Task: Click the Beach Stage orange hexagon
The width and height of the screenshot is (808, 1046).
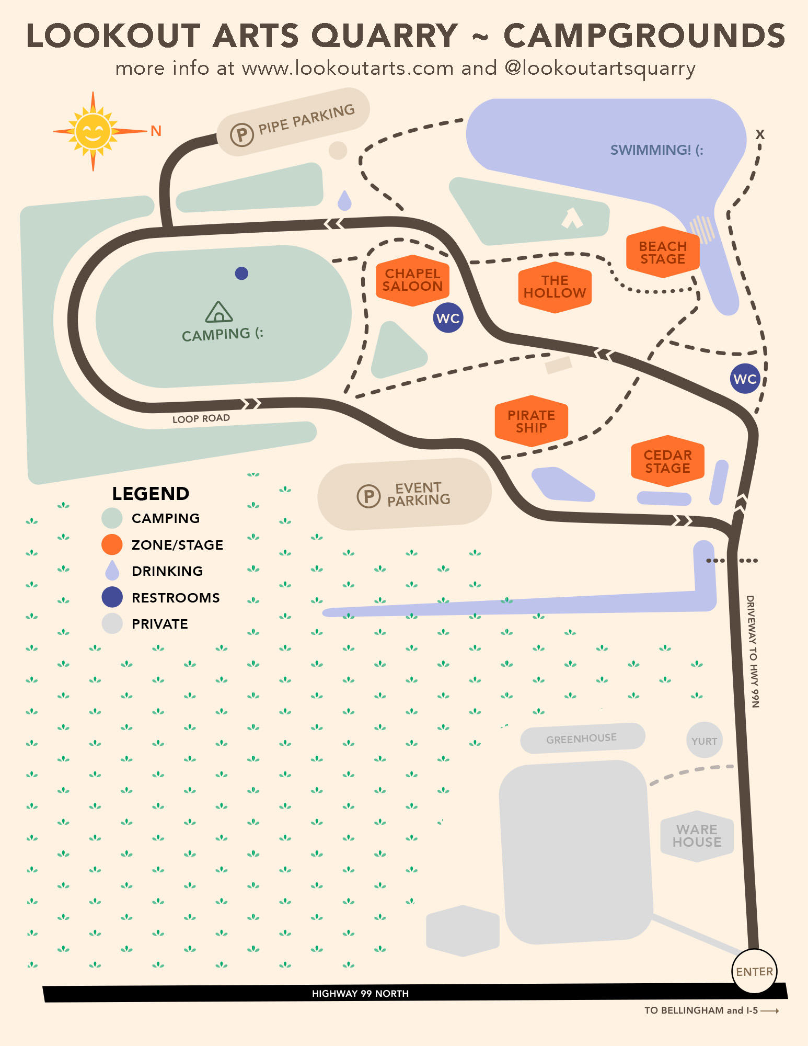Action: (663, 253)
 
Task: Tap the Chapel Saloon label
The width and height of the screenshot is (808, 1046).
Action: (412, 280)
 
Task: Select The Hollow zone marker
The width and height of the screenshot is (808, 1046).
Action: (555, 287)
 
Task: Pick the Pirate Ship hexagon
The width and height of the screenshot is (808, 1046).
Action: (531, 422)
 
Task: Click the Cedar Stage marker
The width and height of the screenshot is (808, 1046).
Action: (667, 461)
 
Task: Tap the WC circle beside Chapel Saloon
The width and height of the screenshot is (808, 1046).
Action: (448, 318)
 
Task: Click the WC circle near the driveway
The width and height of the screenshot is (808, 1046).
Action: (745, 379)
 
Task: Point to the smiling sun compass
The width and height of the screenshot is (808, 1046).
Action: (93, 131)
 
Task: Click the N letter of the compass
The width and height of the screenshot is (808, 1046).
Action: (156, 131)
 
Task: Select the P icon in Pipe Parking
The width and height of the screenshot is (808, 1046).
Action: (242, 135)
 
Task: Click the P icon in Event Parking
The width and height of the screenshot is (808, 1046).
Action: (368, 496)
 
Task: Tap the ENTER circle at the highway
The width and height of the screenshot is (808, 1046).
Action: (754, 971)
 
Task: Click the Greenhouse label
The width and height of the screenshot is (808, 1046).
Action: (581, 738)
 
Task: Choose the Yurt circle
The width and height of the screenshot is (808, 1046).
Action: (704, 741)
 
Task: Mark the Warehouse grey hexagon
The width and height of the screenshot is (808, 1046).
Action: (697, 836)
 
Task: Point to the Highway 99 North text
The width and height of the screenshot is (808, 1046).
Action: (360, 993)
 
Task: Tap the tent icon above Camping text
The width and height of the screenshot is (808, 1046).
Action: (219, 312)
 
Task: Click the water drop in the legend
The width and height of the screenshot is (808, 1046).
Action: (112, 571)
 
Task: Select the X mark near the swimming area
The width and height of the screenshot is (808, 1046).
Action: (760, 134)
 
